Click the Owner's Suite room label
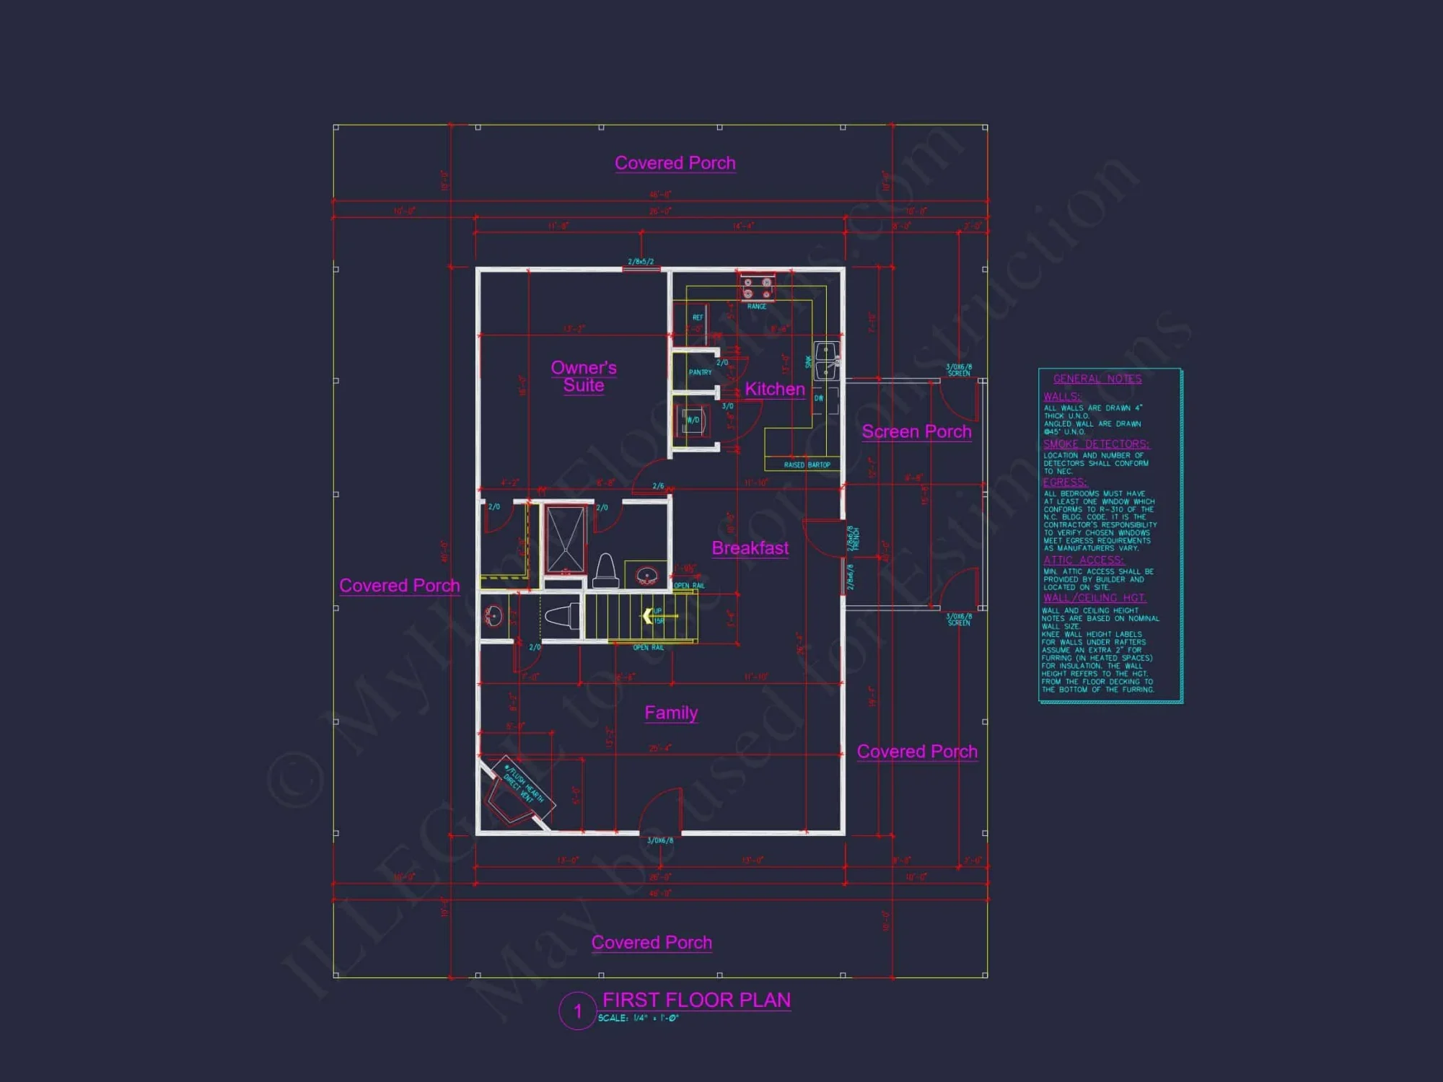[x=584, y=377]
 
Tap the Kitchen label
[x=774, y=390]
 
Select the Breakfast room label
[x=750, y=548]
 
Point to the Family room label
[x=671, y=713]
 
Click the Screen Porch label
[x=916, y=432]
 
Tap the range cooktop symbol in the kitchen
[x=757, y=289]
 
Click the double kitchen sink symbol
[x=826, y=361]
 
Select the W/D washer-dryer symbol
[x=692, y=420]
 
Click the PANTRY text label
[x=700, y=372]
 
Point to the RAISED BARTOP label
[x=807, y=465]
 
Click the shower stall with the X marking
[x=565, y=539]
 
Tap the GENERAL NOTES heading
[x=1097, y=379]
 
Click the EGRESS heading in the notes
[x=1064, y=483]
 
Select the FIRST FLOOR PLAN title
[x=696, y=1000]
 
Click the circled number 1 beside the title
[x=577, y=1011]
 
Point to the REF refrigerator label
[x=698, y=317]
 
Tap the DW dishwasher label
[x=819, y=398]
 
